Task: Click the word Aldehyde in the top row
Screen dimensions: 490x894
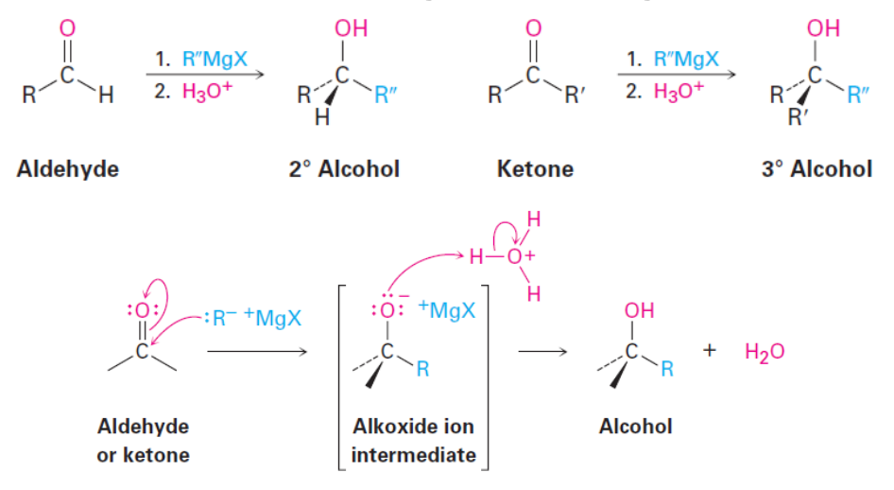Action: coord(67,169)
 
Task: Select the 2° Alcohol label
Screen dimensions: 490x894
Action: coord(344,169)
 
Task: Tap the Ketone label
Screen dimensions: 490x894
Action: coord(535,169)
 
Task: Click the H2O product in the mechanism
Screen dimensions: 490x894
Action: coord(765,351)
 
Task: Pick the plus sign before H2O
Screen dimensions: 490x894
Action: coord(709,351)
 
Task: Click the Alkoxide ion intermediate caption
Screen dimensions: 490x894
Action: coord(413,440)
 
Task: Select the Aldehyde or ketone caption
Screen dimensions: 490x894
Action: coord(143,440)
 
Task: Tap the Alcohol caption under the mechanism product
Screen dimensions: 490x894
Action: coord(635,426)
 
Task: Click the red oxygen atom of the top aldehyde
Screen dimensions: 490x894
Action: coord(66,27)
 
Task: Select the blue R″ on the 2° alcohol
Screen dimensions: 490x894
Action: coord(385,96)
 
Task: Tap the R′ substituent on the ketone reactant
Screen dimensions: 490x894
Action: coord(572,96)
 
